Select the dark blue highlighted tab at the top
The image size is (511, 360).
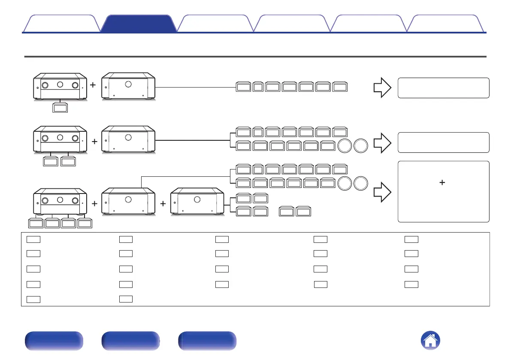(x=139, y=24)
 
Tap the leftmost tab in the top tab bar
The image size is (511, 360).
(x=61, y=24)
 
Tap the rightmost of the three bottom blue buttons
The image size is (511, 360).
(x=208, y=341)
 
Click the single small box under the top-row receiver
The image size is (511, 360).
(x=60, y=108)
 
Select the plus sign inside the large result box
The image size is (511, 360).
(x=442, y=183)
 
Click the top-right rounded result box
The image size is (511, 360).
(x=444, y=88)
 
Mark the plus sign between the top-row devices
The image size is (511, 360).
(x=93, y=85)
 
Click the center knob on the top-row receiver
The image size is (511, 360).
(x=60, y=85)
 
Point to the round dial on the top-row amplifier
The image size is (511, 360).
(x=128, y=84)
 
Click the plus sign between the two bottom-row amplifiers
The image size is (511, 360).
(x=163, y=204)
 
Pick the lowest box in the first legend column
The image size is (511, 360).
(x=33, y=299)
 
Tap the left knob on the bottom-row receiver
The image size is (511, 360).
(x=44, y=200)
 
